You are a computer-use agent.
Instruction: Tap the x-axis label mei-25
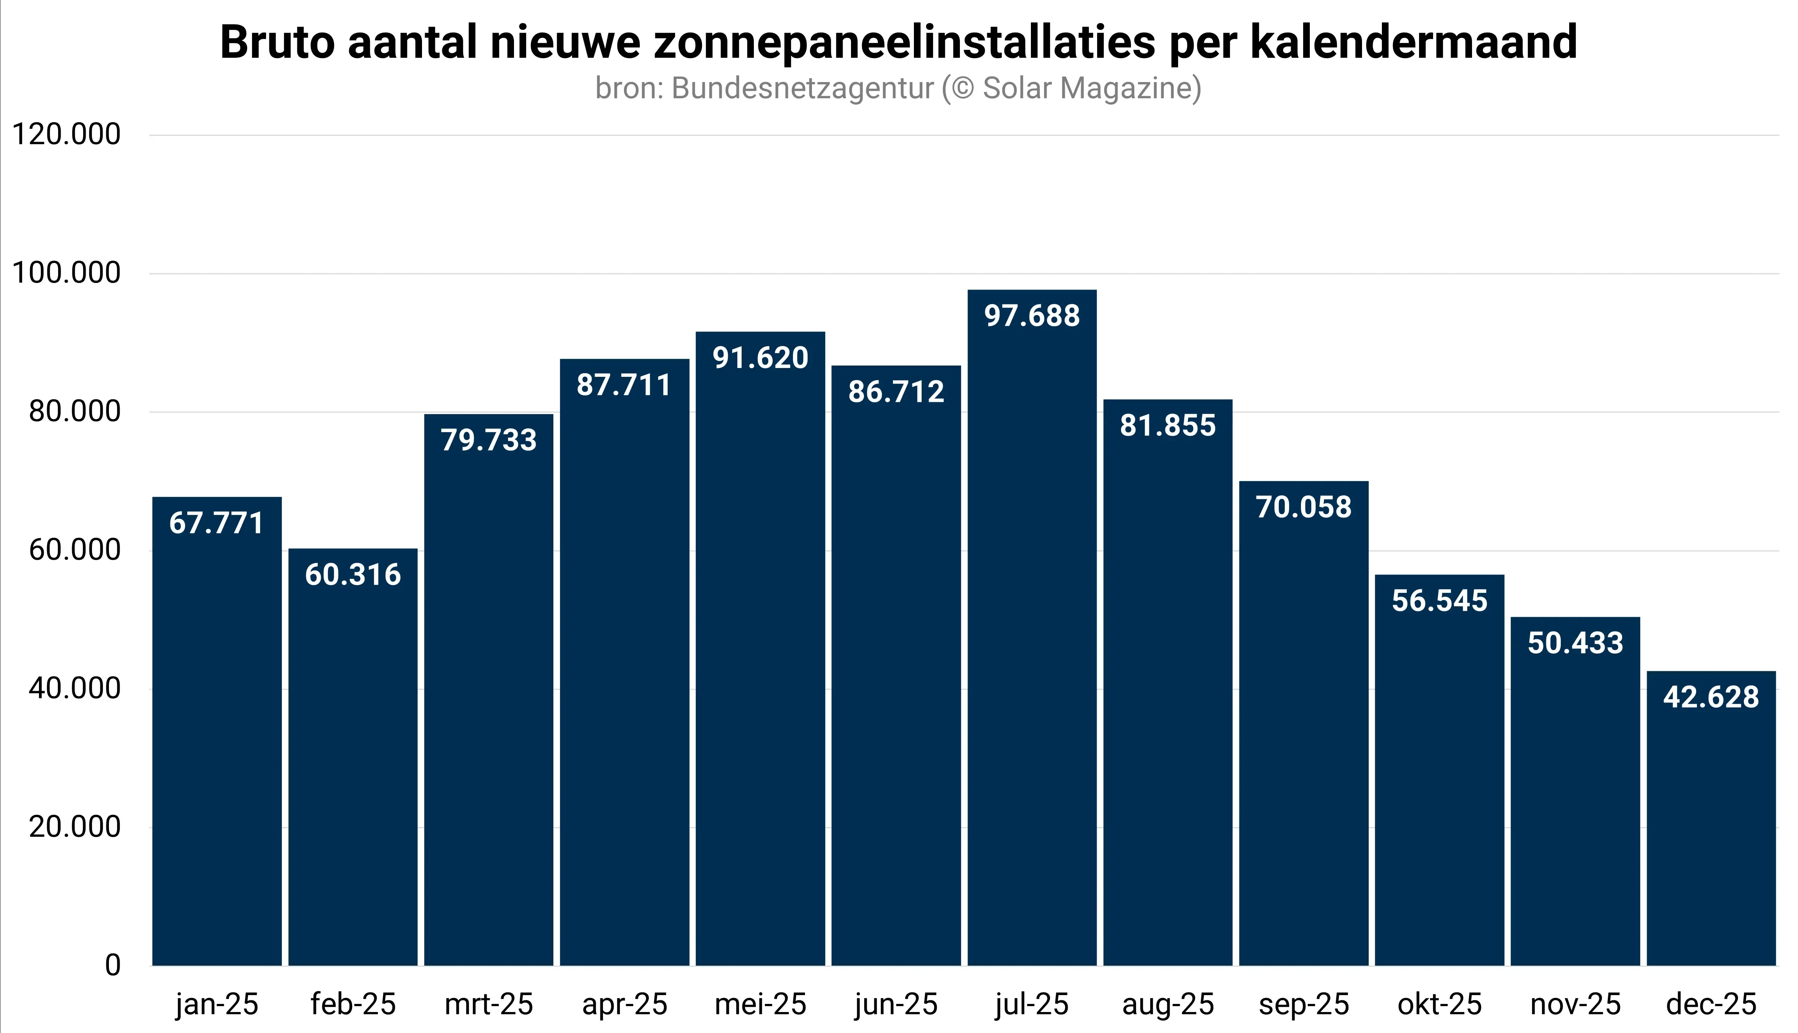pos(760,1005)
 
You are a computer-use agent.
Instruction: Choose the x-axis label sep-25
pos(1304,1005)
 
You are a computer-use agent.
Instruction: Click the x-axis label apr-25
pos(625,1005)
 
